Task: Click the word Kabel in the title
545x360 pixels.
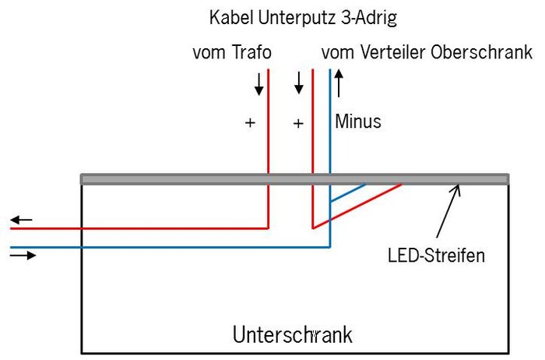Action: pyautogui.click(x=229, y=17)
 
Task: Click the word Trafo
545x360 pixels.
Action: pyautogui.click(x=251, y=53)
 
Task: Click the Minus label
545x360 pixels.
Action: pyautogui.click(x=358, y=122)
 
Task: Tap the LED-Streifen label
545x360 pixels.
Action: pyautogui.click(x=436, y=255)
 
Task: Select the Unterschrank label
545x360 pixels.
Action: pyautogui.click(x=293, y=335)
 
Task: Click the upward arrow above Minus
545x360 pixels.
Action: pyautogui.click(x=339, y=82)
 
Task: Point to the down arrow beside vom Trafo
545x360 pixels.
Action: pyautogui.click(x=259, y=84)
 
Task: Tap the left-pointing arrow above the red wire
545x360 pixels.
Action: pyautogui.click(x=22, y=221)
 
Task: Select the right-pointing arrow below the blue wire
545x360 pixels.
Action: pyautogui.click(x=23, y=255)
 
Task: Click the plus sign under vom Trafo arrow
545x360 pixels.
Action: pyautogui.click(x=250, y=123)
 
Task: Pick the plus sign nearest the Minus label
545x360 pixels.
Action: pyautogui.click(x=297, y=123)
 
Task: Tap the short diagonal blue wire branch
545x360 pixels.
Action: pyautogui.click(x=348, y=193)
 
